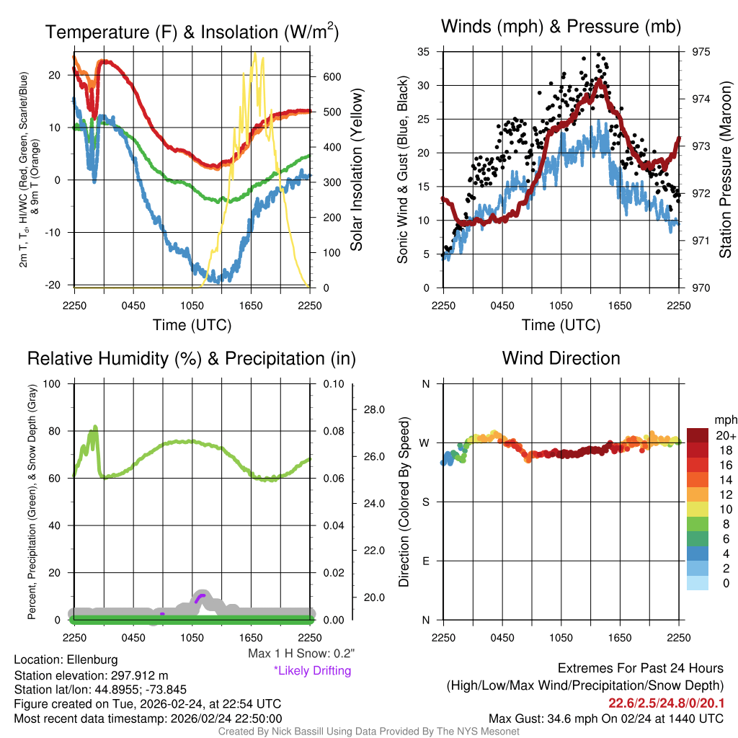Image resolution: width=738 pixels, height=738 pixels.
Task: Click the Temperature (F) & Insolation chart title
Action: (x=192, y=32)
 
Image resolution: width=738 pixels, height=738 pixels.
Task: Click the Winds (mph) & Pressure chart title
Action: (x=561, y=27)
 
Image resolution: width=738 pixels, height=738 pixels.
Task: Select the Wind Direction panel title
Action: (x=561, y=358)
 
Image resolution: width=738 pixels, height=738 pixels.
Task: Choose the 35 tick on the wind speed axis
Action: (x=424, y=52)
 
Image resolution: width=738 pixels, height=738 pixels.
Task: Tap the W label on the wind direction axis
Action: (x=425, y=443)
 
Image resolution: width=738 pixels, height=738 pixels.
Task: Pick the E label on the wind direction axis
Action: (x=425, y=561)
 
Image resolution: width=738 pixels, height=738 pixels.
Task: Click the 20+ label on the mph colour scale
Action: (x=725, y=435)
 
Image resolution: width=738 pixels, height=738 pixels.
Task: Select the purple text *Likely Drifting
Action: (x=312, y=671)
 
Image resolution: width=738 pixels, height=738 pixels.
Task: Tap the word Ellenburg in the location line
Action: (x=92, y=659)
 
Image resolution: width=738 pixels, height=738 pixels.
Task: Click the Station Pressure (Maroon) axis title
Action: (x=725, y=170)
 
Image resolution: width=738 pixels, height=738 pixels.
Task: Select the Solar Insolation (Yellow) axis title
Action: (x=356, y=170)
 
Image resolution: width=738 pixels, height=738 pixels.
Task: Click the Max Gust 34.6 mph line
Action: (x=606, y=719)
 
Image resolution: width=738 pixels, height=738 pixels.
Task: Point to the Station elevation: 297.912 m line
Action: (x=91, y=675)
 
